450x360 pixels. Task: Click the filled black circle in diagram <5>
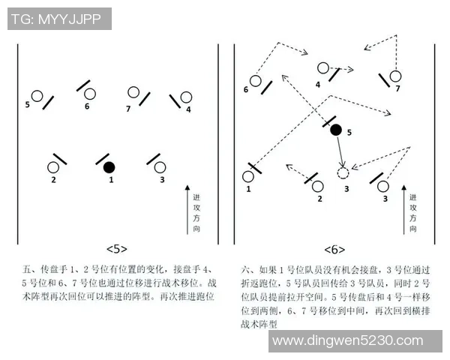pos(109,166)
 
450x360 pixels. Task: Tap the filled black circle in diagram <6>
pos(336,130)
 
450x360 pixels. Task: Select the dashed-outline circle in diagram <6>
pos(343,174)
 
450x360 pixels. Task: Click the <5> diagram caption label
pos(117,249)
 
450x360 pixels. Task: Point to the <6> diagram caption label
pos(334,249)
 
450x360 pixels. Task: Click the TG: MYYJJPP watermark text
pos(59,19)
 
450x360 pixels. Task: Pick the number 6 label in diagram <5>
pos(87,106)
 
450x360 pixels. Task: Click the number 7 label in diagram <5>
pos(128,109)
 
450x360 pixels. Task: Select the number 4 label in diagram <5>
pos(188,109)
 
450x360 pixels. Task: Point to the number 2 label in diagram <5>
pos(53,180)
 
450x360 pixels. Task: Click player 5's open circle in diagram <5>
pos(36,96)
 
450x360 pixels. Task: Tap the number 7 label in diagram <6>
pos(398,88)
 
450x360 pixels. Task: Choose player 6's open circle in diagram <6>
pos(255,80)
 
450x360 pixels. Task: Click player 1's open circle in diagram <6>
pos(248,177)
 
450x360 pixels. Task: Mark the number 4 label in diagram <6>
pos(318,84)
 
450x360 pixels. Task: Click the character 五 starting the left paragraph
pos(28,268)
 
